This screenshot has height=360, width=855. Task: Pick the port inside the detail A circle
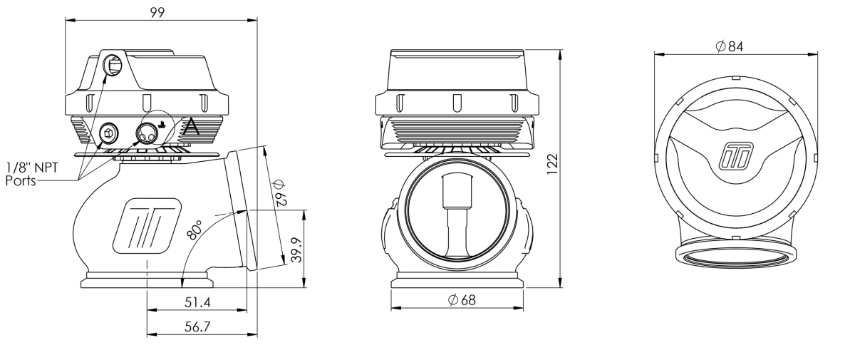point(147,132)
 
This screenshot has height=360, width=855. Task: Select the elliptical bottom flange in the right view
point(734,255)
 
